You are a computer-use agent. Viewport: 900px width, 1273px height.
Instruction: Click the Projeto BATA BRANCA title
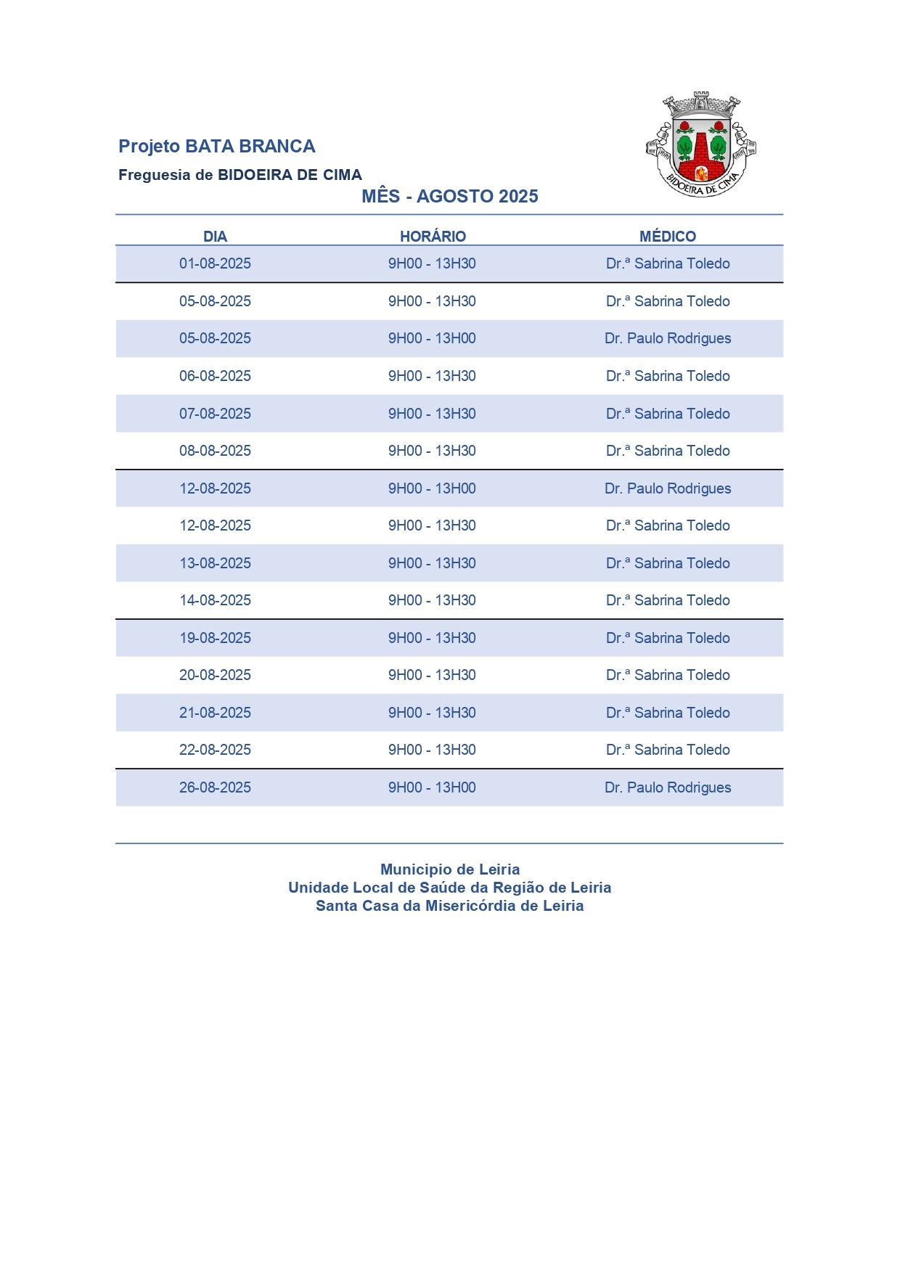coord(216,147)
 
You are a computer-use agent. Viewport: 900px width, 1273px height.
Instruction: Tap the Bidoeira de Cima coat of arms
coord(700,144)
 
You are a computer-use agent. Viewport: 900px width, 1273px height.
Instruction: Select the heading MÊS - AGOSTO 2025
coord(450,197)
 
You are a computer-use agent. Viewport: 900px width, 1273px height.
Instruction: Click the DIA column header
coord(215,237)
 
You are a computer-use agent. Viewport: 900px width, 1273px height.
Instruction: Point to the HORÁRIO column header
coord(433,237)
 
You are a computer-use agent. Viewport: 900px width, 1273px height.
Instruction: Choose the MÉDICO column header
coord(668,237)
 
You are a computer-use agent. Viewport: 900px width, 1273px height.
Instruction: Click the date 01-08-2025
coord(215,264)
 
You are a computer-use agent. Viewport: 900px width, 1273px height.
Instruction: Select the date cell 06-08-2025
coord(215,377)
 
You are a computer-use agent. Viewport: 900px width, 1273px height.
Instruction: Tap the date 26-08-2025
coord(215,788)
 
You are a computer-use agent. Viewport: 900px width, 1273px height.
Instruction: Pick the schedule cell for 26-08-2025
coord(432,788)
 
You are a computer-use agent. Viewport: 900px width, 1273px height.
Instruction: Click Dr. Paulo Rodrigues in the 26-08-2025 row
coord(668,788)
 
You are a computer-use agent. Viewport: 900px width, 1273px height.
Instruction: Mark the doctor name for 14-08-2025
coord(668,601)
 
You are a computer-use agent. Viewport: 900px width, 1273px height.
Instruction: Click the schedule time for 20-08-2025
coord(432,676)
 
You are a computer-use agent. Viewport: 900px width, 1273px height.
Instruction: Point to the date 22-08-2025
coord(215,750)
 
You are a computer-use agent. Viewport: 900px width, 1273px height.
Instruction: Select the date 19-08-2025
coord(215,639)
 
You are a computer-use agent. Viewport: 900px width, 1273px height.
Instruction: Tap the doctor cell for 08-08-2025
coord(668,451)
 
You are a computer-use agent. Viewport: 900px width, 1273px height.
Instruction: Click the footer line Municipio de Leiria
coord(450,869)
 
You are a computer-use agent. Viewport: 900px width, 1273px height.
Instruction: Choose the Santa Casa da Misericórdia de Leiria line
coord(450,906)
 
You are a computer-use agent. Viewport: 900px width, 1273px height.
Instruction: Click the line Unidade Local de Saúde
coord(450,888)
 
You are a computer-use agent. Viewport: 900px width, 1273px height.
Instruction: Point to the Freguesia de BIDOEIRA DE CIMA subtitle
coord(240,175)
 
